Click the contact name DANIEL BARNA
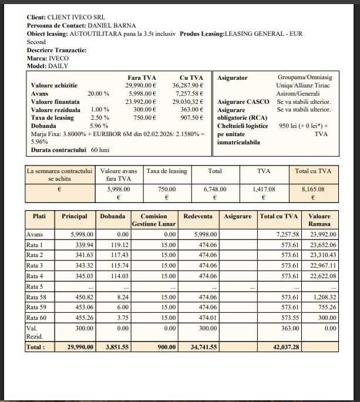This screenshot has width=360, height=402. click(x=112, y=26)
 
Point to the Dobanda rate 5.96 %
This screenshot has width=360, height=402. click(x=99, y=126)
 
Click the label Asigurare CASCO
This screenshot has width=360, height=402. click(x=243, y=102)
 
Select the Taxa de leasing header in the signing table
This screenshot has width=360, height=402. click(x=167, y=171)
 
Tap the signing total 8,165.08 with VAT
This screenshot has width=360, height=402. click(x=312, y=190)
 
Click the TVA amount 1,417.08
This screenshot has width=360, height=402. click(x=263, y=190)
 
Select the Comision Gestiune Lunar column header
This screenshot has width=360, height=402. click(x=154, y=220)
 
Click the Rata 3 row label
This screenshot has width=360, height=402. click(x=35, y=265)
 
